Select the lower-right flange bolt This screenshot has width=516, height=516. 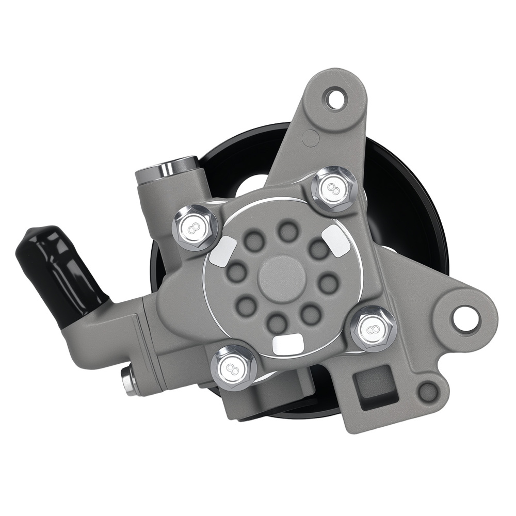coord(374,328)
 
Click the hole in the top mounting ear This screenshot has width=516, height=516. coord(336,99)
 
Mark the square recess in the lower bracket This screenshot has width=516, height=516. coord(370,391)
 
